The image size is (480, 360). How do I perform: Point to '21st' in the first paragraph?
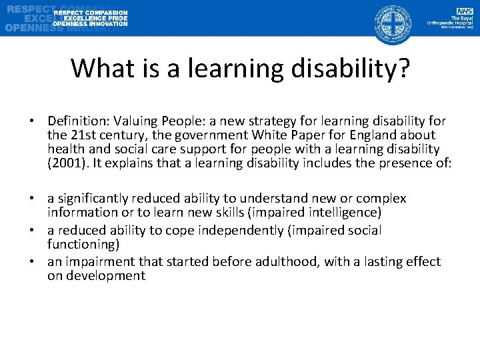point(81,135)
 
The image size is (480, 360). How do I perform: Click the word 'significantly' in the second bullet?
point(92,199)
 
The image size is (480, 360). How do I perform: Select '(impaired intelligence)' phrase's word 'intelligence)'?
point(343,212)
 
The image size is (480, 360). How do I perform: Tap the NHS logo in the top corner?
point(464,11)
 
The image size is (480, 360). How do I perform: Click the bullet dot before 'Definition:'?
point(31,121)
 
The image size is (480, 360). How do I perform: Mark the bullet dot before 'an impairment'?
point(31,262)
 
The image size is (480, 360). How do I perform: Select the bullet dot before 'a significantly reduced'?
point(31,199)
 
